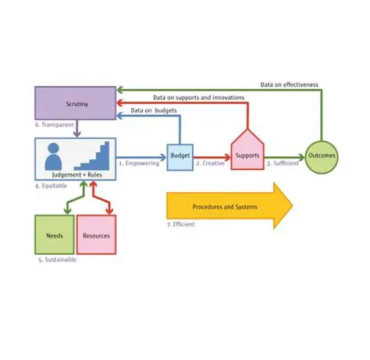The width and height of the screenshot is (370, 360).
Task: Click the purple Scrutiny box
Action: click(75, 103)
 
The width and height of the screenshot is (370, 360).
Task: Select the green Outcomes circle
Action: click(322, 156)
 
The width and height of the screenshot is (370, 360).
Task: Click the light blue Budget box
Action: click(180, 156)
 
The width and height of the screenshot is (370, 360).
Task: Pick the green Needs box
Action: click(54, 235)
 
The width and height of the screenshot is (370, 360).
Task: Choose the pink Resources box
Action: click(96, 235)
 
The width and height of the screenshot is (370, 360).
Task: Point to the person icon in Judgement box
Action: click(55, 157)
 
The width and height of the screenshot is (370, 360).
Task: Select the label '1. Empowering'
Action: click(137, 164)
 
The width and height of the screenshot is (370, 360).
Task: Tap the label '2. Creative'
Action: click(210, 164)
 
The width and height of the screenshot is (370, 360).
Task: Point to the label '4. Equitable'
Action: click(51, 187)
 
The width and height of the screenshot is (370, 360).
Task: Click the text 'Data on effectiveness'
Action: click(289, 84)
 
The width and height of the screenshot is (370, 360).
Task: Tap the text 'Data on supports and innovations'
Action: click(198, 98)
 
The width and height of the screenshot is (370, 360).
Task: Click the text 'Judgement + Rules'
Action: click(75, 176)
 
